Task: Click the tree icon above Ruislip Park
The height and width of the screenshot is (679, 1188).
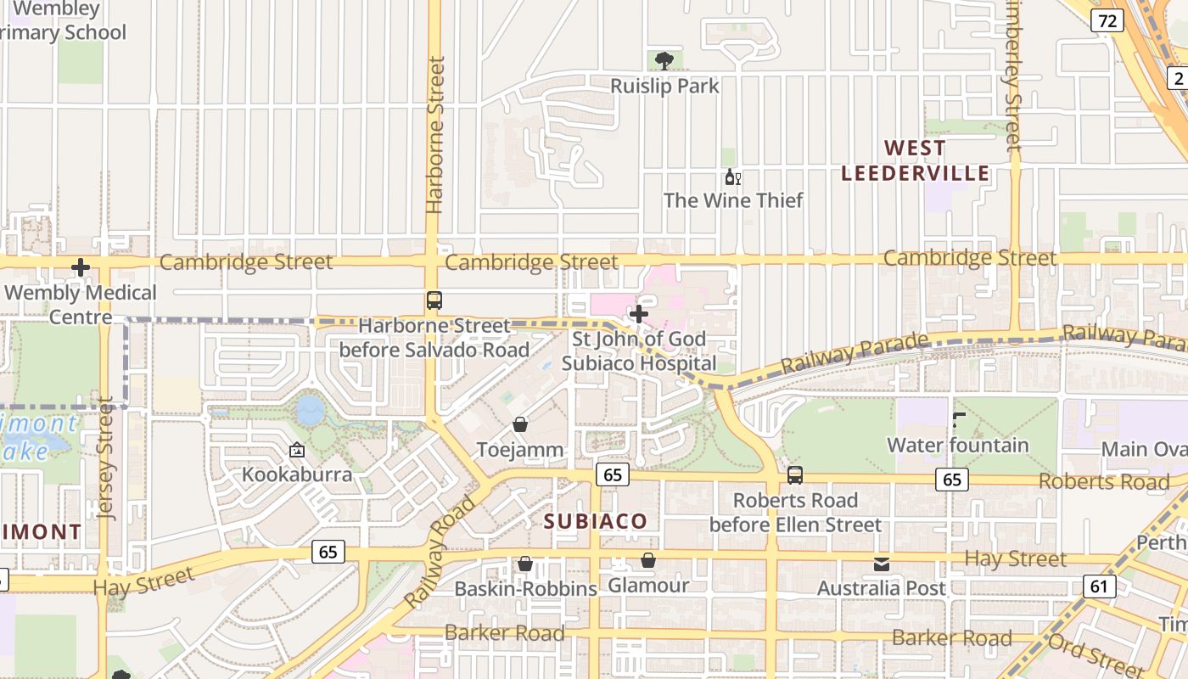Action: [x=664, y=60]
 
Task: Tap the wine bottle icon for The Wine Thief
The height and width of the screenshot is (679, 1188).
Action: [x=732, y=177]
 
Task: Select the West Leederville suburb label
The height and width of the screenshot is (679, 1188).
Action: [x=915, y=160]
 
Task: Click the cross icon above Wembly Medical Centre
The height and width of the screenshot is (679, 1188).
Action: [x=81, y=268]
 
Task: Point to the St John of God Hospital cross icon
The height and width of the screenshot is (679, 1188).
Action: [x=639, y=314]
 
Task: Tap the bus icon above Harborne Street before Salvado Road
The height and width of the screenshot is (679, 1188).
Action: [x=434, y=300]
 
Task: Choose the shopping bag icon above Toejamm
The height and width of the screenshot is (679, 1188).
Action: [x=520, y=424]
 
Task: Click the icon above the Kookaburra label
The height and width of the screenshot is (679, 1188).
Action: [x=297, y=450]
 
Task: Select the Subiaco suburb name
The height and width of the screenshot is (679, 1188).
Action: [x=596, y=521]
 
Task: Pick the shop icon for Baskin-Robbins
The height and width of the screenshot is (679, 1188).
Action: [x=525, y=564]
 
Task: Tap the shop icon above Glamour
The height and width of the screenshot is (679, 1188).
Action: [x=648, y=560]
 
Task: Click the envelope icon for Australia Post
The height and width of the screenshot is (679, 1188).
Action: [x=882, y=564]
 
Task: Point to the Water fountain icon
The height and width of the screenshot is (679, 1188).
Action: [x=958, y=419]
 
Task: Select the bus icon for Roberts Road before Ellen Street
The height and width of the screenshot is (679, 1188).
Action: [x=795, y=475]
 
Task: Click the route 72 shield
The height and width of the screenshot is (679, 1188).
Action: [x=1107, y=20]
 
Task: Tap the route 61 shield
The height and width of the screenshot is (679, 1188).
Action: [x=1099, y=586]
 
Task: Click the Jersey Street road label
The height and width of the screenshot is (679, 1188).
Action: [x=105, y=458]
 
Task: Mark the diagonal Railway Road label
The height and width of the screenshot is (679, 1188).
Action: [x=440, y=553]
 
